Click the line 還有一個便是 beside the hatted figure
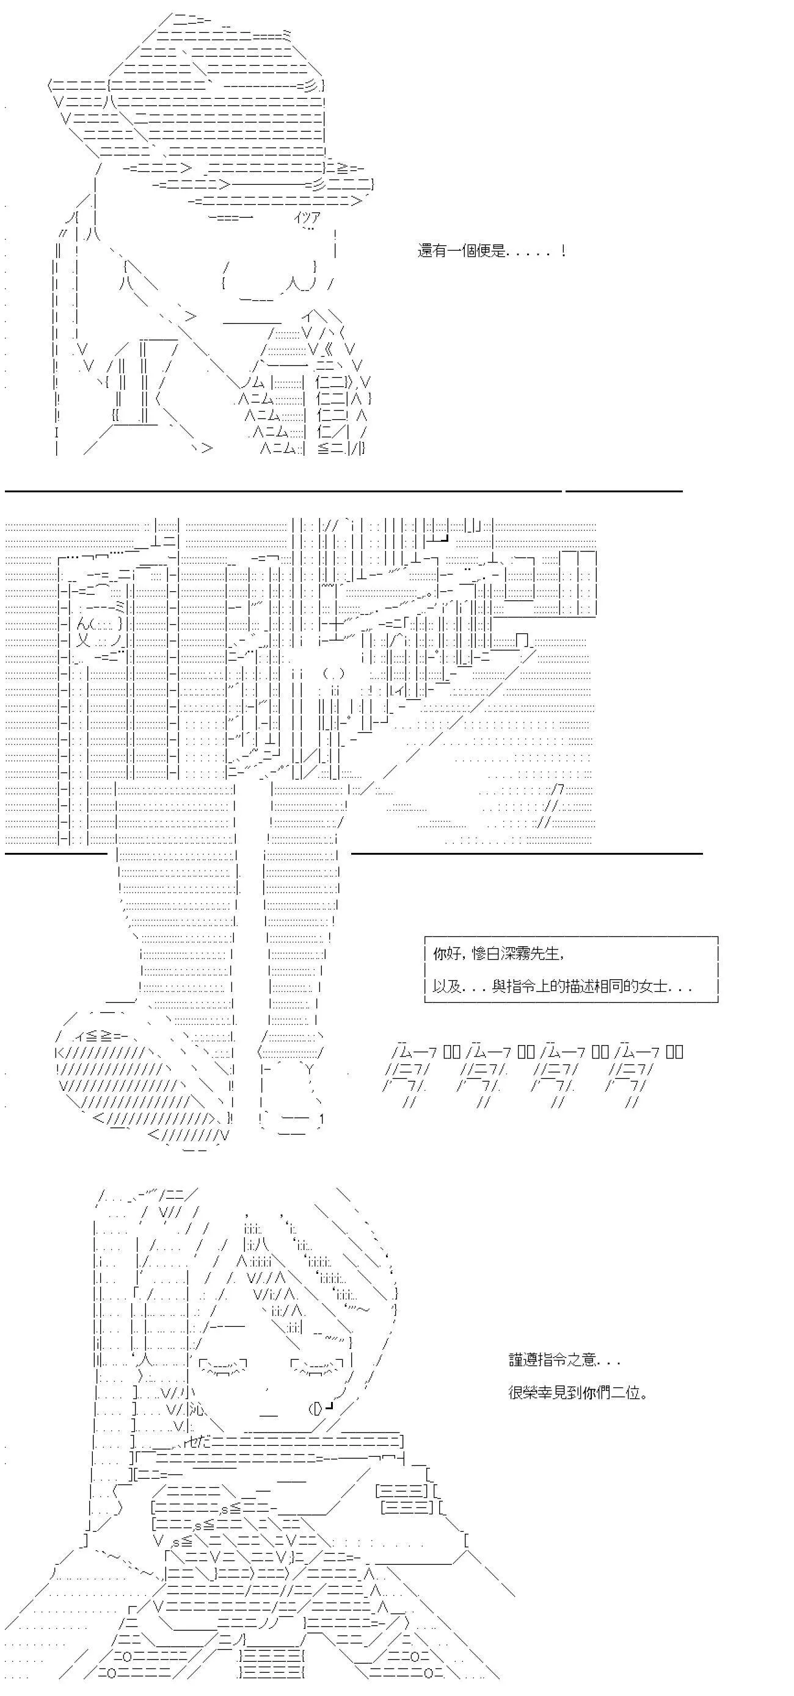click(491, 251)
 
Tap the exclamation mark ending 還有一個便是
click(563, 250)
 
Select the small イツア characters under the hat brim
click(307, 217)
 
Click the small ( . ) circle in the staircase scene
click(333, 674)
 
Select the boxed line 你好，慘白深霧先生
click(498, 953)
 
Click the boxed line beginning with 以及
click(562, 986)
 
